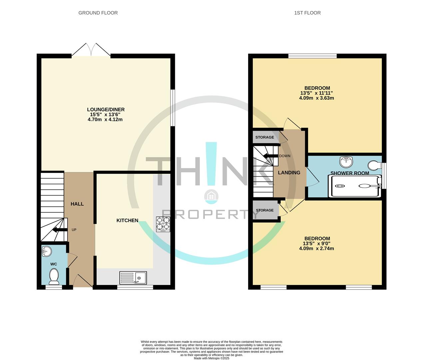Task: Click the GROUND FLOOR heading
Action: [x=98, y=13]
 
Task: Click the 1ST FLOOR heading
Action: [x=307, y=13]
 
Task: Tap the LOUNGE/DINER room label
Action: [x=106, y=110]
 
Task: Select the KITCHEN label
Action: [x=127, y=220]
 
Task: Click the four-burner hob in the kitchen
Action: [x=163, y=224]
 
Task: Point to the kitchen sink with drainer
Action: [x=133, y=278]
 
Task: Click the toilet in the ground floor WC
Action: [x=54, y=276]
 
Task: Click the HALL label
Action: [x=77, y=204]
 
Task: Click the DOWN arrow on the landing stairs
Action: [x=270, y=156]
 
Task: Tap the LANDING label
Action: [x=289, y=173]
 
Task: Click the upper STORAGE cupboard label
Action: [x=264, y=137]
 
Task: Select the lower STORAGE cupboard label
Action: [x=264, y=210]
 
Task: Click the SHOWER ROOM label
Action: [x=349, y=173]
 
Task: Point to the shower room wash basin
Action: [x=346, y=162]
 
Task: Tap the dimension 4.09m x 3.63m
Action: [x=316, y=98]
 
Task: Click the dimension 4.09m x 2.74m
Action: [x=316, y=248]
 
